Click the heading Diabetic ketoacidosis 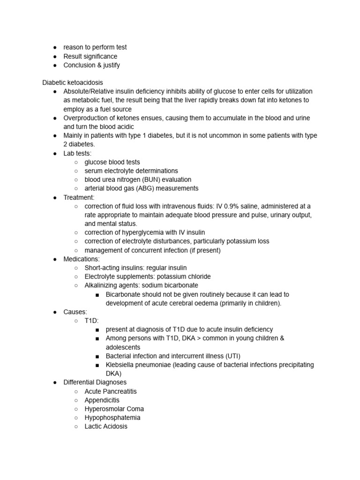pos(73,82)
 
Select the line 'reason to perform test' pos(95,47)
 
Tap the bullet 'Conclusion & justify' pos(91,65)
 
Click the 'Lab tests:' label pos(78,153)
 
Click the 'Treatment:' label pos(79,197)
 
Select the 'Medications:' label pos(82,259)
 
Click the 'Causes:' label pos(75,312)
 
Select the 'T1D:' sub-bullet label pos(92,321)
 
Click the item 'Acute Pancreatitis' pos(111,391)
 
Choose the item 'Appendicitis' pos(102,400)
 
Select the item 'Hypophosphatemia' pos(112,418)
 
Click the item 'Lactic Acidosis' pos(106,427)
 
